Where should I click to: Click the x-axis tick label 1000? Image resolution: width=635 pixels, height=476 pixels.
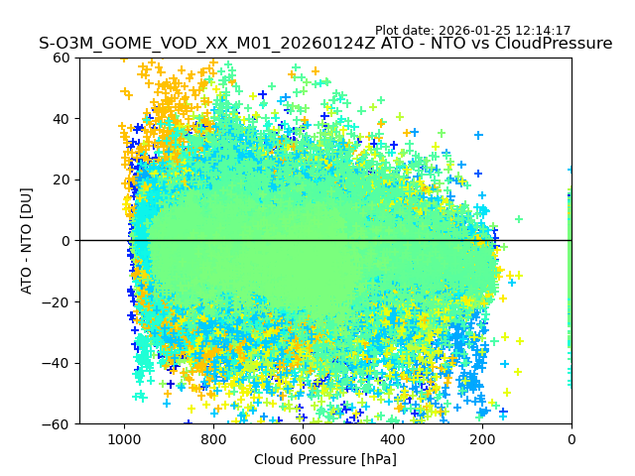pyautogui.click(x=124, y=439)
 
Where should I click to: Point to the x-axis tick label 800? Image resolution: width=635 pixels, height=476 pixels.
pyautogui.click(x=213, y=439)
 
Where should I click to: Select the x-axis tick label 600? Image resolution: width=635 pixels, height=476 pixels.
pyautogui.click(x=303, y=439)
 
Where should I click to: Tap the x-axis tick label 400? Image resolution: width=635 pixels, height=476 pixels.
pyautogui.click(x=392, y=439)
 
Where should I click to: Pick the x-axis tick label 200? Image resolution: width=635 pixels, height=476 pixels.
pyautogui.click(x=481, y=439)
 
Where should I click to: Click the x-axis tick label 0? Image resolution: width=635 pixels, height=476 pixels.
pyautogui.click(x=571, y=439)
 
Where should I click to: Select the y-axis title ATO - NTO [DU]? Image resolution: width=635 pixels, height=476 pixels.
pyautogui.click(x=28, y=241)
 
